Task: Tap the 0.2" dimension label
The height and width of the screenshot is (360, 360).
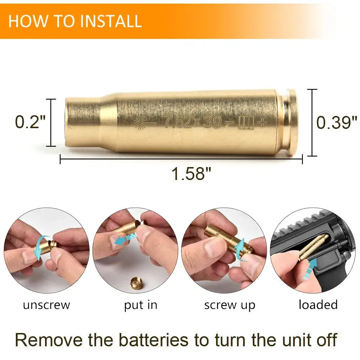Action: click(30, 122)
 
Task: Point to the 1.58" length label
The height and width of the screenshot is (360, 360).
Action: click(191, 174)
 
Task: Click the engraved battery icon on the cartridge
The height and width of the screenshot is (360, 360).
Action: click(246, 123)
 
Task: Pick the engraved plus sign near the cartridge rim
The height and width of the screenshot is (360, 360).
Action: click(262, 122)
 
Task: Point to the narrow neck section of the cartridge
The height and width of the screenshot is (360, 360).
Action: click(83, 122)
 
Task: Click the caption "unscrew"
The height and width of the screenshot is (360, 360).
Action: click(46, 305)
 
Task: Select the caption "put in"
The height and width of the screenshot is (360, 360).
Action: click(140, 306)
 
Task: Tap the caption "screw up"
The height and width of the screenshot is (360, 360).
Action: click(230, 306)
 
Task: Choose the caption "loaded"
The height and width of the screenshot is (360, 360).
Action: click(318, 305)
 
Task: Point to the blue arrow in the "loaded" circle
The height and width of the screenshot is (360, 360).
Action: click(310, 269)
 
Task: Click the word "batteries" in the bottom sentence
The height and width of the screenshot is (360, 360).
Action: click(154, 340)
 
